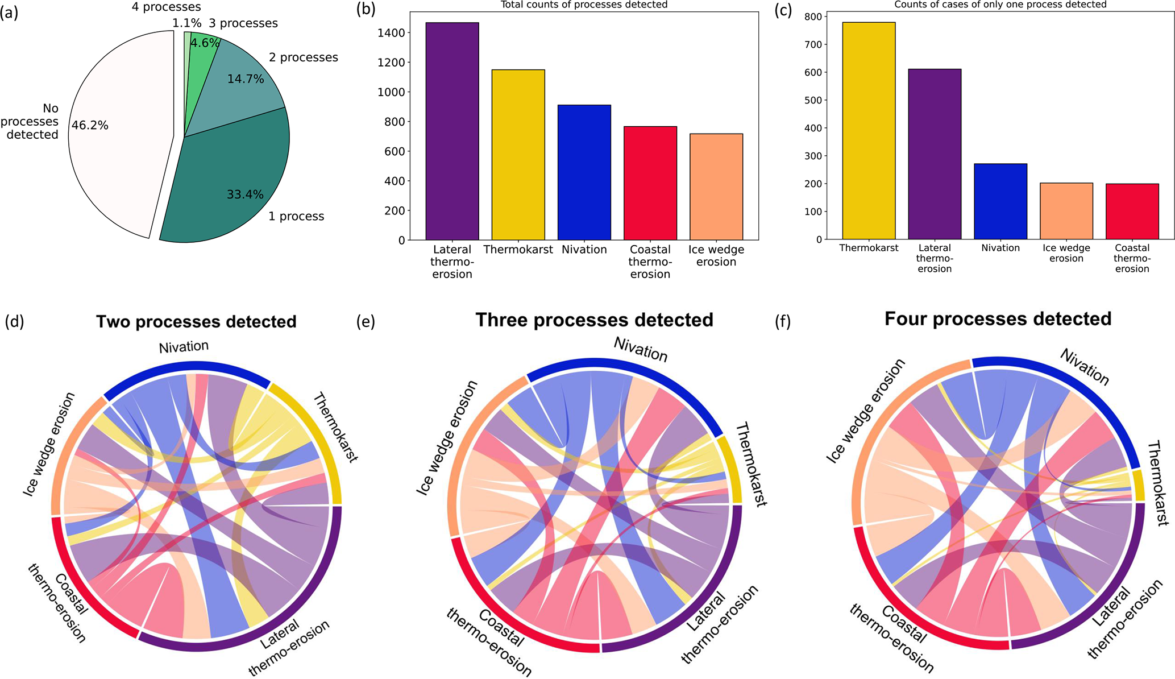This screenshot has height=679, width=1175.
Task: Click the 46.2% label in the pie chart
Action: (90, 125)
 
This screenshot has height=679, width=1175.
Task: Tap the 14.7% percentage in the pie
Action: (246, 79)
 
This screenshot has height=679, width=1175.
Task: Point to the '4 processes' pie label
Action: (166, 7)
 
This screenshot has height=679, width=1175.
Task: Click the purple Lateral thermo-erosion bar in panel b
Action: (452, 131)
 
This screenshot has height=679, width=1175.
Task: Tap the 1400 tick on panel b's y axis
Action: (393, 33)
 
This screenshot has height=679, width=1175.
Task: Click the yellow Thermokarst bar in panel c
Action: (869, 131)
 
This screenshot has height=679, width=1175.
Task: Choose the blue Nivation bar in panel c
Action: (1000, 201)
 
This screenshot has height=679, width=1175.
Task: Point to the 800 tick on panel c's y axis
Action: (813, 17)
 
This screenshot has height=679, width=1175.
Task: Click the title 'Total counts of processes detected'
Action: (584, 5)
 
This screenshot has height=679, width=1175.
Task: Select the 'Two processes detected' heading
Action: (196, 322)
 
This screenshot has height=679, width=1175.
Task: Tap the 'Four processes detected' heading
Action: (998, 319)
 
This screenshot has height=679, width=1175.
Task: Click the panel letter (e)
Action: (366, 322)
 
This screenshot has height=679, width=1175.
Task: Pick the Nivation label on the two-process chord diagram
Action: (184, 346)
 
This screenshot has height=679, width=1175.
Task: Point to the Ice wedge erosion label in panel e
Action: (447, 438)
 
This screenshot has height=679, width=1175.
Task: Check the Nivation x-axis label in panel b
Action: (584, 250)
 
